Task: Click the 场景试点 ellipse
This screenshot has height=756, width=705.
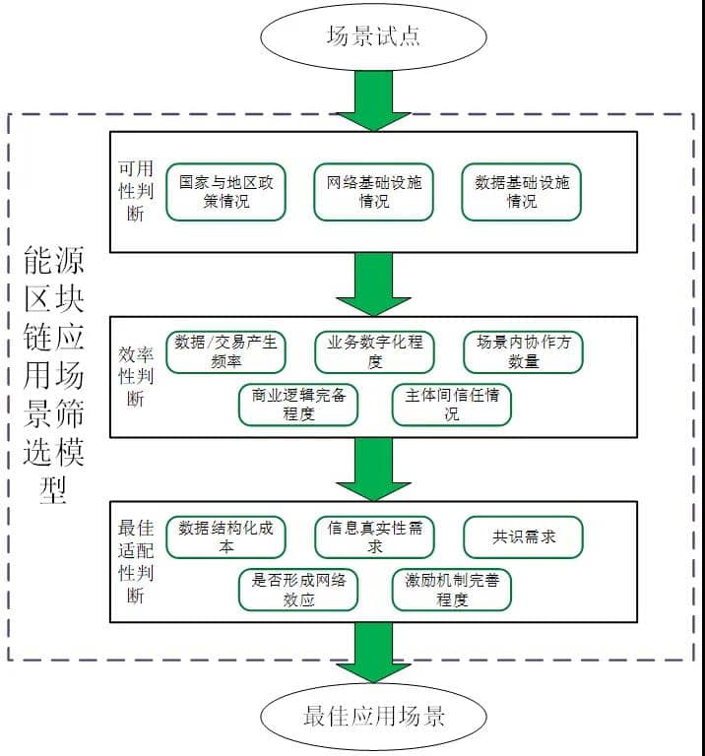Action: [x=373, y=36]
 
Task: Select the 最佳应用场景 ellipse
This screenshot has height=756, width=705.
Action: [x=373, y=716]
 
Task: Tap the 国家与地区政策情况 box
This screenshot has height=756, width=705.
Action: [x=226, y=192]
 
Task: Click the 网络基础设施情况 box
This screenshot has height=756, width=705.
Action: [x=374, y=192]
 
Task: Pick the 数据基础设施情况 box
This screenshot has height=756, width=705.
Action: [x=522, y=192]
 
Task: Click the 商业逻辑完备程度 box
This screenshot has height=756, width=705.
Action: [x=298, y=405]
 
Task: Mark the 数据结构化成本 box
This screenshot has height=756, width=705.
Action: [x=226, y=537]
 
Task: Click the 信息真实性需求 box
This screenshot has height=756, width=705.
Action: [x=374, y=537]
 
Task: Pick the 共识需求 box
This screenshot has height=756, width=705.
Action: [x=523, y=537]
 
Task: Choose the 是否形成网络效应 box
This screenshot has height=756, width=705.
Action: [x=298, y=589]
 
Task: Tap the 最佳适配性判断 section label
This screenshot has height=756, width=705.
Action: [x=133, y=561]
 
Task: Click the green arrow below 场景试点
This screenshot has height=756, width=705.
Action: [x=373, y=104]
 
